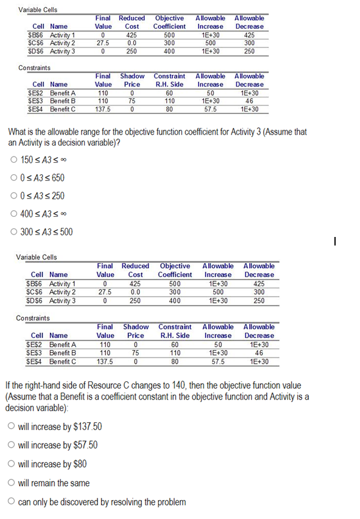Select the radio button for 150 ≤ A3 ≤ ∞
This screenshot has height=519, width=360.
pyautogui.click(x=13, y=160)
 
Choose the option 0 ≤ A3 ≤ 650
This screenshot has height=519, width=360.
pyautogui.click(x=13, y=178)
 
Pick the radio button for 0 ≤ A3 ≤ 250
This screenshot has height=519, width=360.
pyautogui.click(x=13, y=196)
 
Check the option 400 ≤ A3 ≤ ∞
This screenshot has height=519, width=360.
pyautogui.click(x=13, y=214)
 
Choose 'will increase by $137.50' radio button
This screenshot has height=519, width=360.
pyautogui.click(x=12, y=426)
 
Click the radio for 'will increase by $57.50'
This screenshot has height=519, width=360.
pyautogui.click(x=12, y=445)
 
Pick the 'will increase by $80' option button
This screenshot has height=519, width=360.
pyautogui.click(x=12, y=464)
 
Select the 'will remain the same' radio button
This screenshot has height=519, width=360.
pyautogui.click(x=12, y=483)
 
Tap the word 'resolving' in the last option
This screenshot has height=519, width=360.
pyautogui.click(x=128, y=503)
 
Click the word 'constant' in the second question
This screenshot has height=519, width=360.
pyautogui.click(x=184, y=397)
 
